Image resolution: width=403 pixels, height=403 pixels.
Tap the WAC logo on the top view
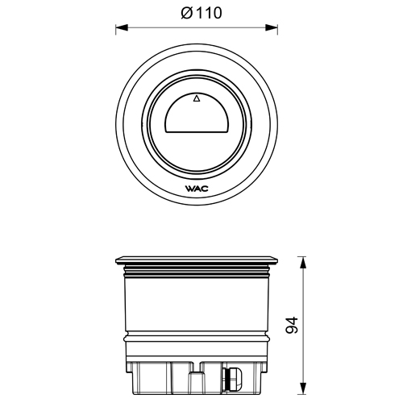pos(197,189)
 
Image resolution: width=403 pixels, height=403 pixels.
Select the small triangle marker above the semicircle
pos(197,99)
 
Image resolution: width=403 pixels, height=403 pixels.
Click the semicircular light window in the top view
pos(197,120)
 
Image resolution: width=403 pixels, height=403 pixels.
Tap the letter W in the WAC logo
pos(190,189)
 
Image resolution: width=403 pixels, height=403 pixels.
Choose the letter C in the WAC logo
pos(206,189)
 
